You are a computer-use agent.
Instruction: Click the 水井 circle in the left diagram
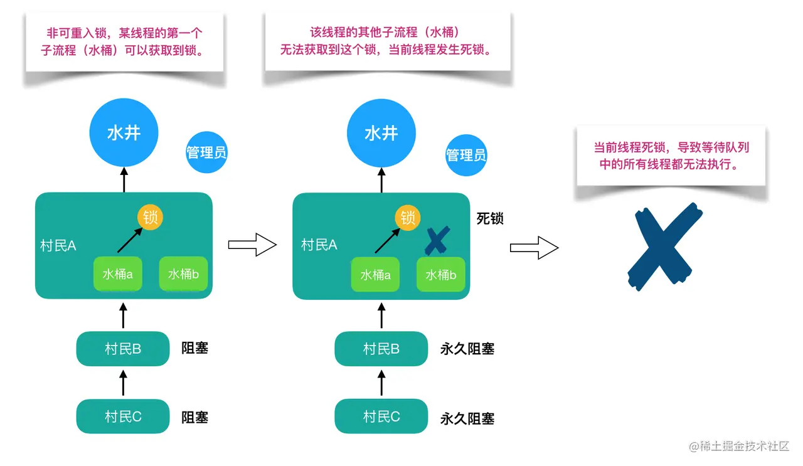coord(124,132)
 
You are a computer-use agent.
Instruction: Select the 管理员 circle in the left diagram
coord(206,152)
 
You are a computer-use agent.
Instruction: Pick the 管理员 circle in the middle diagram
coord(466,154)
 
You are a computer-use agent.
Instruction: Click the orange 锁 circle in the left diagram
coord(150,218)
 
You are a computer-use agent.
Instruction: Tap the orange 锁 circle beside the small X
coord(408,218)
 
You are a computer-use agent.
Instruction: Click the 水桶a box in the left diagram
coord(118,274)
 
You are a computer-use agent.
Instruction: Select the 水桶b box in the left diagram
coord(183,274)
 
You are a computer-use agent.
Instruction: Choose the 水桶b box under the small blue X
coord(441,275)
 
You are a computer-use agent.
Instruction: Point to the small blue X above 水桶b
coord(438,240)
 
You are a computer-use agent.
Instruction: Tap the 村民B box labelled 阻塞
coord(123,349)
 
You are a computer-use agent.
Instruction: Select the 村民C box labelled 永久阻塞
coord(381,416)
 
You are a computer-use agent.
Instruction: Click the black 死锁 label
coord(490,218)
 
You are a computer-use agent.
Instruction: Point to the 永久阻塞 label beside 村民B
coord(467,349)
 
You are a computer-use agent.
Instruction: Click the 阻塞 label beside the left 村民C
coord(194,417)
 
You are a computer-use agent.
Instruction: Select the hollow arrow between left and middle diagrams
coord(252,245)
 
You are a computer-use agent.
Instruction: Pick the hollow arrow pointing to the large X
coord(534,248)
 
